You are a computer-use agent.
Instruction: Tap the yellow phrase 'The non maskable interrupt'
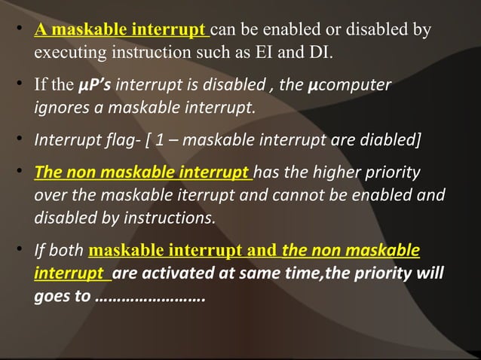pyautogui.click(x=144, y=172)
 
